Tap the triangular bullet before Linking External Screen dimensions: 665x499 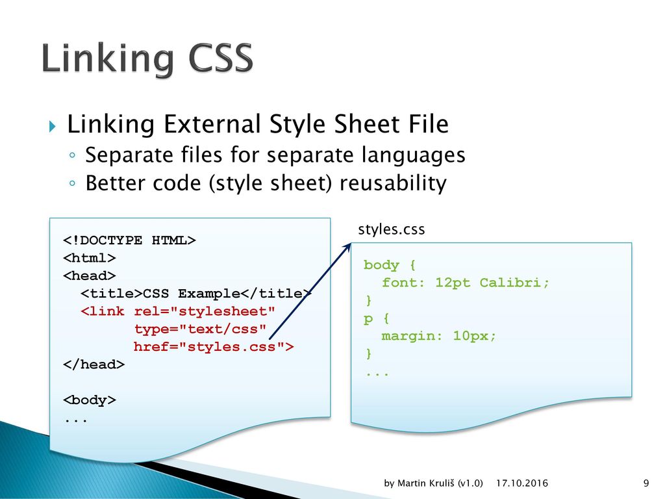click(53, 126)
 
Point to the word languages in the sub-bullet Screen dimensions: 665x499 click(414, 156)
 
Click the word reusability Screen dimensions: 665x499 click(393, 184)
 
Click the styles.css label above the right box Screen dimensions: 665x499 click(392, 229)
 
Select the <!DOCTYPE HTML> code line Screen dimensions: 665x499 click(129, 240)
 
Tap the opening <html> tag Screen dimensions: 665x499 click(89, 257)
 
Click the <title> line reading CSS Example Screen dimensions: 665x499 click(196, 294)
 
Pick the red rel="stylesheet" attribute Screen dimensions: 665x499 click(205, 311)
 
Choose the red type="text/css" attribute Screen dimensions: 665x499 click(200, 329)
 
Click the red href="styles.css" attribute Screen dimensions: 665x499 click(214, 347)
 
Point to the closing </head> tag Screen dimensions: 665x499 click(94, 365)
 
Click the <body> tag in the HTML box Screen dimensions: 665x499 click(89, 400)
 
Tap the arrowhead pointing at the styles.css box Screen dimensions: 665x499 click(348, 246)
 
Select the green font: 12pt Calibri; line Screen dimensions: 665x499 click(465, 283)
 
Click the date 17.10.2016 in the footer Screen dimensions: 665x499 click(521, 483)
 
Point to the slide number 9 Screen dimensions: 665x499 click(646, 483)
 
